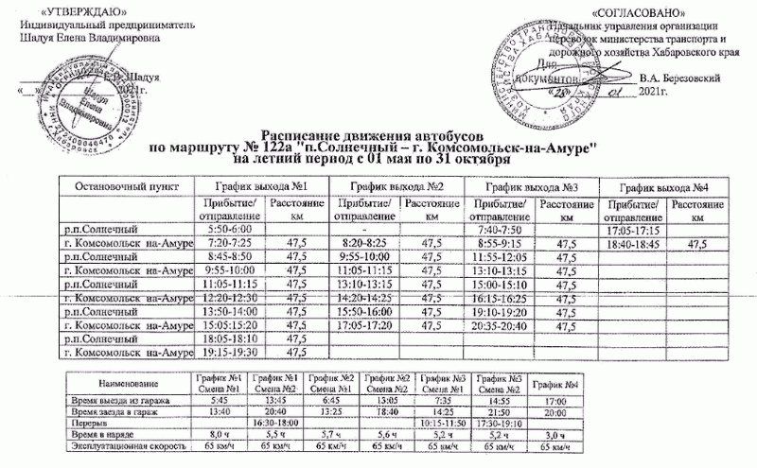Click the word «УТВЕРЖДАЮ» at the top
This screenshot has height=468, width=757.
click(64, 9)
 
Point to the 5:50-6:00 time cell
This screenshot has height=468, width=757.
click(228, 230)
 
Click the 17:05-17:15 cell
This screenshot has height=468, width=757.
click(634, 230)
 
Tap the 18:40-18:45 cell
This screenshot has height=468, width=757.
click(634, 244)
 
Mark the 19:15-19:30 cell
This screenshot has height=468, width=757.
click(228, 353)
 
